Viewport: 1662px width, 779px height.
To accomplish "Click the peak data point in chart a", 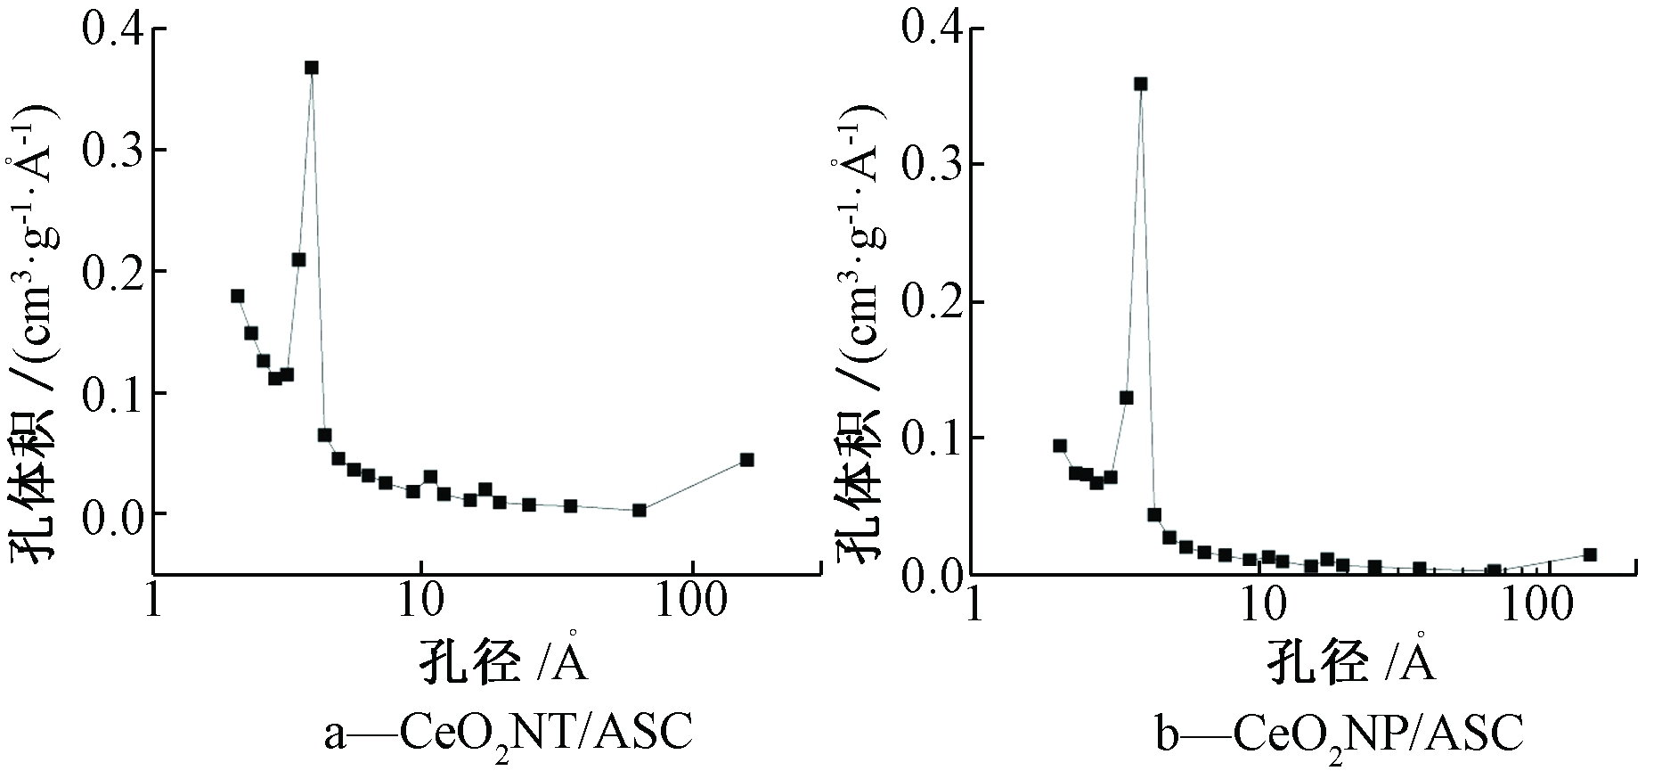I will coord(311,68).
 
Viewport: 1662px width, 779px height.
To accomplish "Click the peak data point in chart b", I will coord(1140,84).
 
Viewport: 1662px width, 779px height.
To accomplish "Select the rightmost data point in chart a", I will coord(746,460).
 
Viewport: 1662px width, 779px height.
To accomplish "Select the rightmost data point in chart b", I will coord(1590,554).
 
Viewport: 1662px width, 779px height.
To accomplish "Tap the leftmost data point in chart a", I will coord(238,296).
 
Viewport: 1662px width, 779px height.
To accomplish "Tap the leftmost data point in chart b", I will coord(1060,446).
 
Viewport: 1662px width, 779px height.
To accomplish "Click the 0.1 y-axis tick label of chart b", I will coord(932,438).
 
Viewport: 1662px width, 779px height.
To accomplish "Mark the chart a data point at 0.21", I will coord(299,259).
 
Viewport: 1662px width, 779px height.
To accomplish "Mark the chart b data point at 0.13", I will coord(1127,398).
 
